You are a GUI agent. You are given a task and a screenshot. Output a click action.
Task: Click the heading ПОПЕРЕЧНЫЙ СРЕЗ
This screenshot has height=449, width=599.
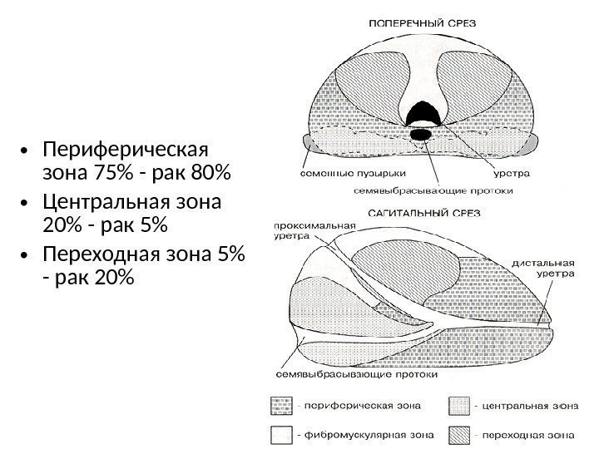(x=422, y=24)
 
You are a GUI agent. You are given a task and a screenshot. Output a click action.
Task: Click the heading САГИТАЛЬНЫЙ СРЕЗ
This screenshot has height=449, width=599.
(x=422, y=212)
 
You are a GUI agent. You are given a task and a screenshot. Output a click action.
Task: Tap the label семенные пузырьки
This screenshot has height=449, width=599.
(x=341, y=175)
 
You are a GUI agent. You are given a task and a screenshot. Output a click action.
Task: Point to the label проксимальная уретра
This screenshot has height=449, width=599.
(x=314, y=230)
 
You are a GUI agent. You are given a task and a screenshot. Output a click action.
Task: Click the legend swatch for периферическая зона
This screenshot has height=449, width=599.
(x=276, y=407)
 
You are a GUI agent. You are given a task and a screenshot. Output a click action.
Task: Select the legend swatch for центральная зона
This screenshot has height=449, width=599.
(x=460, y=407)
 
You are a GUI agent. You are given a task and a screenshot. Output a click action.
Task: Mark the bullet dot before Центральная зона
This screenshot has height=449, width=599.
(x=27, y=202)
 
